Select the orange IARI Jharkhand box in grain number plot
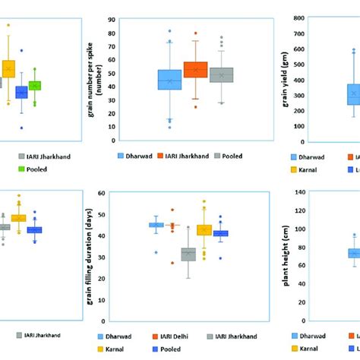pyautogui.click(x=195, y=70)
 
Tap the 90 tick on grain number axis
pyautogui.click(x=112, y=18)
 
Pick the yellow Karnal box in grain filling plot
pyautogui.click(x=204, y=229)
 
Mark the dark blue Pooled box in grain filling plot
pyautogui.click(x=220, y=234)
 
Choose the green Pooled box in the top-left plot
pyautogui.click(x=35, y=86)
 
